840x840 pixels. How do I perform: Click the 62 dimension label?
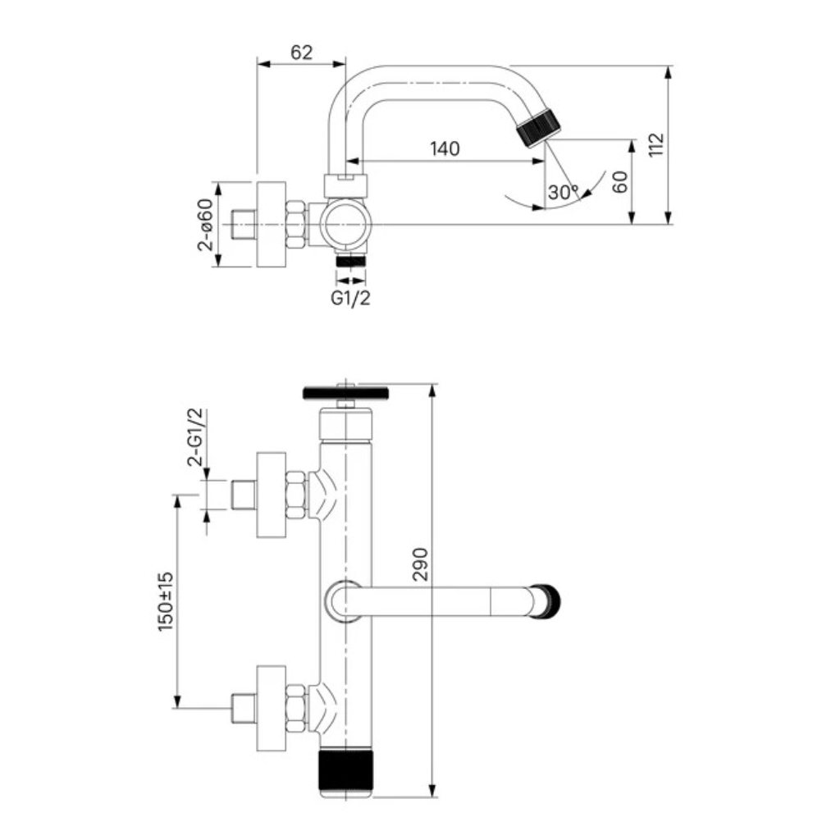point(301,52)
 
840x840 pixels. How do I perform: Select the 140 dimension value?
point(445,148)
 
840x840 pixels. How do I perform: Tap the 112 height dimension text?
point(655,144)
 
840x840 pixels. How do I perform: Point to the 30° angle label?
point(563,192)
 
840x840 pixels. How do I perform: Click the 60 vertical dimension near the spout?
point(619,182)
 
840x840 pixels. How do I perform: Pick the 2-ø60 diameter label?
point(205,225)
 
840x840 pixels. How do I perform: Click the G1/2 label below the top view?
point(350,298)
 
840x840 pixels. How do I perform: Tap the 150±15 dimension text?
point(166,601)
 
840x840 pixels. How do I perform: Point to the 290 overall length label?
point(421,564)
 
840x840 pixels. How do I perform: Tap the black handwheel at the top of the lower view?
point(345,393)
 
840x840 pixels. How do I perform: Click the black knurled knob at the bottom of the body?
point(345,771)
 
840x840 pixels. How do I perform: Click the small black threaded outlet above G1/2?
point(350,261)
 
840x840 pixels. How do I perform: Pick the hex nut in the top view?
point(295,224)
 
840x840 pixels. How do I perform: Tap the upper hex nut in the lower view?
point(295,494)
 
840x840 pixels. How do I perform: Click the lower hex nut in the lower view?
point(295,708)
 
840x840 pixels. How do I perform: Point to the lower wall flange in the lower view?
point(271,708)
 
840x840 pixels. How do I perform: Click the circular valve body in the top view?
point(345,224)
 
